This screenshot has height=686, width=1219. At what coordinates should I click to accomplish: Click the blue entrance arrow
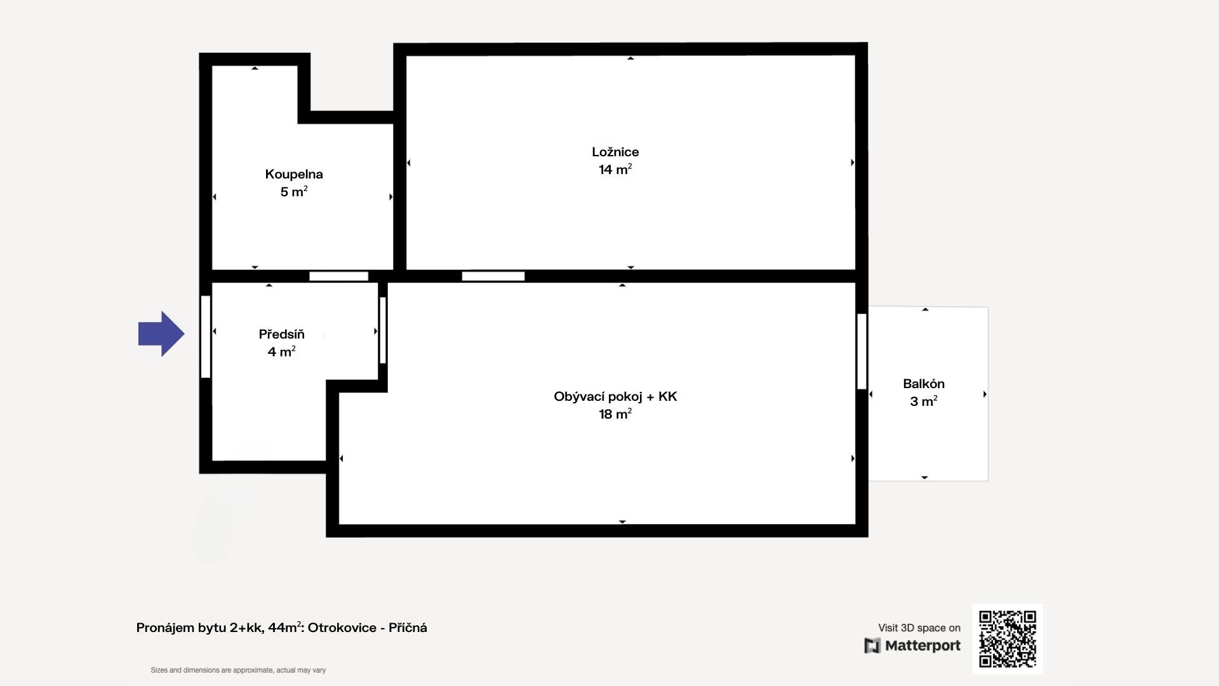[161, 333]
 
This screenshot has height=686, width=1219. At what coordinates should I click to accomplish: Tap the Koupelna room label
[294, 174]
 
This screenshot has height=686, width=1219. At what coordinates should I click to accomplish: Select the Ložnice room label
[615, 152]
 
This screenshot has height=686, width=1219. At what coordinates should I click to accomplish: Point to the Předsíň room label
[281, 334]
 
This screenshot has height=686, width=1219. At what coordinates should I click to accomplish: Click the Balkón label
[924, 384]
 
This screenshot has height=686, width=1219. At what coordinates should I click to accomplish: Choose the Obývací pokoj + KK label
[615, 397]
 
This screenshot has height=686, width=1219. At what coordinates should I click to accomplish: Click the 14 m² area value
[615, 170]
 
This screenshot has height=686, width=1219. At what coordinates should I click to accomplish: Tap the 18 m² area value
[615, 414]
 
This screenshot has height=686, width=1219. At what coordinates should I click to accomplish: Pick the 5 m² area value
[294, 191]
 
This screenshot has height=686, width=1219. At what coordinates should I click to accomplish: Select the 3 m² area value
[924, 401]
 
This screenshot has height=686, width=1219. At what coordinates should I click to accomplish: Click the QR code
[1008, 639]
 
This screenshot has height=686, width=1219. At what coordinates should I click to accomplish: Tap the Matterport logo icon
[872, 646]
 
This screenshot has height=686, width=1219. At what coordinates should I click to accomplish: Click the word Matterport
[923, 646]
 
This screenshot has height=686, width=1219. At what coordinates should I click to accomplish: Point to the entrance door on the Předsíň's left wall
[206, 337]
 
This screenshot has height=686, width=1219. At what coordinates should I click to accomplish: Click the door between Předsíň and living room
[383, 330]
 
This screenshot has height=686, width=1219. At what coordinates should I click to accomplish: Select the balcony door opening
[862, 351]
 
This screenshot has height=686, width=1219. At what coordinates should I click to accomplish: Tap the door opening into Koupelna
[339, 276]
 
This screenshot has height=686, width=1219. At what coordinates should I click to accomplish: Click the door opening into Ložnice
[493, 276]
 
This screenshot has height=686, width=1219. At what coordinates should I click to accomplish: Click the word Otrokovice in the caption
[342, 628]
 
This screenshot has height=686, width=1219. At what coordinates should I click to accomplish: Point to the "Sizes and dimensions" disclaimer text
[238, 670]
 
